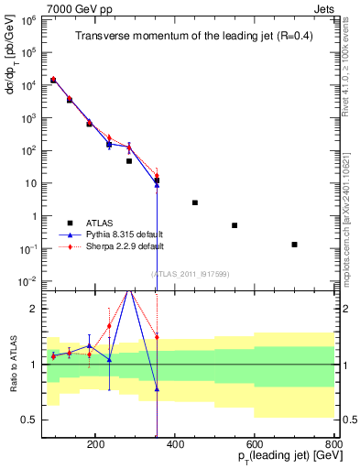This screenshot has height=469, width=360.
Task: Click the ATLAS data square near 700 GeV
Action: [294, 245]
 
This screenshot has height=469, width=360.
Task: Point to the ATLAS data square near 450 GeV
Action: [195, 202]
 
